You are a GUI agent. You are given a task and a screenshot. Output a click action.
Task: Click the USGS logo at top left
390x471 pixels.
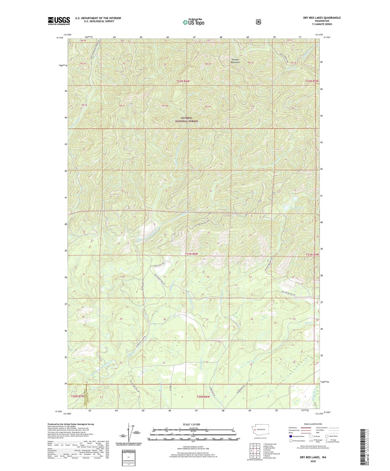[x=59, y=21]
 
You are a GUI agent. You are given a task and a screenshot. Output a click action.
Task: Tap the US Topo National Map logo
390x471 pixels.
[x=193, y=22]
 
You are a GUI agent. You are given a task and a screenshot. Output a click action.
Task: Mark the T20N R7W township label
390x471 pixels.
[x=77, y=396]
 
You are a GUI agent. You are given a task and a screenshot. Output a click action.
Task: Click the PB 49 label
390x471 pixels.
[x=208, y=107]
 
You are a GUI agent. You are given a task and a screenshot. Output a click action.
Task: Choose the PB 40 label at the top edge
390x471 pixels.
[x=83, y=40]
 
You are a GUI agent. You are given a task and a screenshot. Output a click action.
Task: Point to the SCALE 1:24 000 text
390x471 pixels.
[x=191, y=424]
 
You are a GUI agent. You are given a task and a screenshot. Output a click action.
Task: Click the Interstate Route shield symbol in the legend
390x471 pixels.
[x=290, y=436]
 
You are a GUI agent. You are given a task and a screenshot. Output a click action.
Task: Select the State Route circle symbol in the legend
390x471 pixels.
[x=327, y=436]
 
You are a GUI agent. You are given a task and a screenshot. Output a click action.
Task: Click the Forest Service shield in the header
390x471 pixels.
[x=258, y=22]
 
